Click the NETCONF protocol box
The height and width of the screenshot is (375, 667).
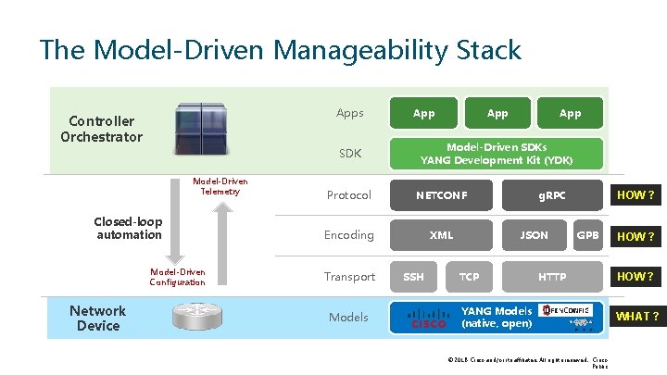click(442, 195)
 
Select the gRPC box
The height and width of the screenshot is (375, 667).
click(552, 195)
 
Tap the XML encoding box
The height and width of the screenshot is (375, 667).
click(442, 235)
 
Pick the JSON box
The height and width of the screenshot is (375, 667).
click(534, 235)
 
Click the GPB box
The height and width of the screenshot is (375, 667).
click(587, 235)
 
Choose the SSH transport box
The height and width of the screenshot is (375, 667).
click(413, 277)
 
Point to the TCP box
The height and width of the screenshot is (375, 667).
click(470, 277)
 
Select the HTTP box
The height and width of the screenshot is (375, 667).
click(552, 277)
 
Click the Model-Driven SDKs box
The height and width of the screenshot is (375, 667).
click(497, 154)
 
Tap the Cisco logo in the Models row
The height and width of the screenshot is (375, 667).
click(428, 318)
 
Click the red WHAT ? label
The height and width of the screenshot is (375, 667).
click(637, 317)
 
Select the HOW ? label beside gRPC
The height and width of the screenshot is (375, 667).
click(636, 195)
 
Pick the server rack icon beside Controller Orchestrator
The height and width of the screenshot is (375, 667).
click(200, 129)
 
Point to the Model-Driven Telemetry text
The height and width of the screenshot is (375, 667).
click(220, 186)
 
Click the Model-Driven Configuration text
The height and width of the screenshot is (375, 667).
click(177, 277)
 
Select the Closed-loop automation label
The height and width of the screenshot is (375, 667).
click(129, 229)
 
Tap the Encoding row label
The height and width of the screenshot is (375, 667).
click(348, 235)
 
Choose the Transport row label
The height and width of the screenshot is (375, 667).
click(349, 277)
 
